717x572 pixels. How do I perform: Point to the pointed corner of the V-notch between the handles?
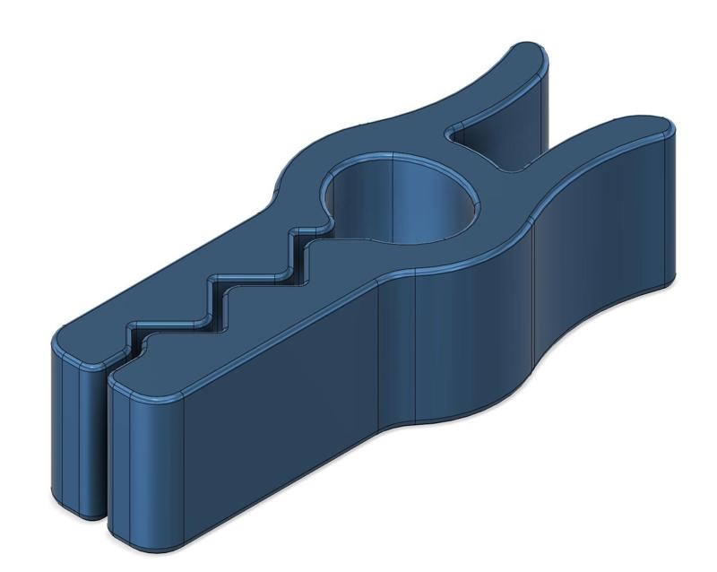click(x=452, y=134)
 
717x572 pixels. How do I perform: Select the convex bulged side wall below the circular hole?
click(x=466, y=332)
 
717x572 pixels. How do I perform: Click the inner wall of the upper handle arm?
click(x=488, y=134)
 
